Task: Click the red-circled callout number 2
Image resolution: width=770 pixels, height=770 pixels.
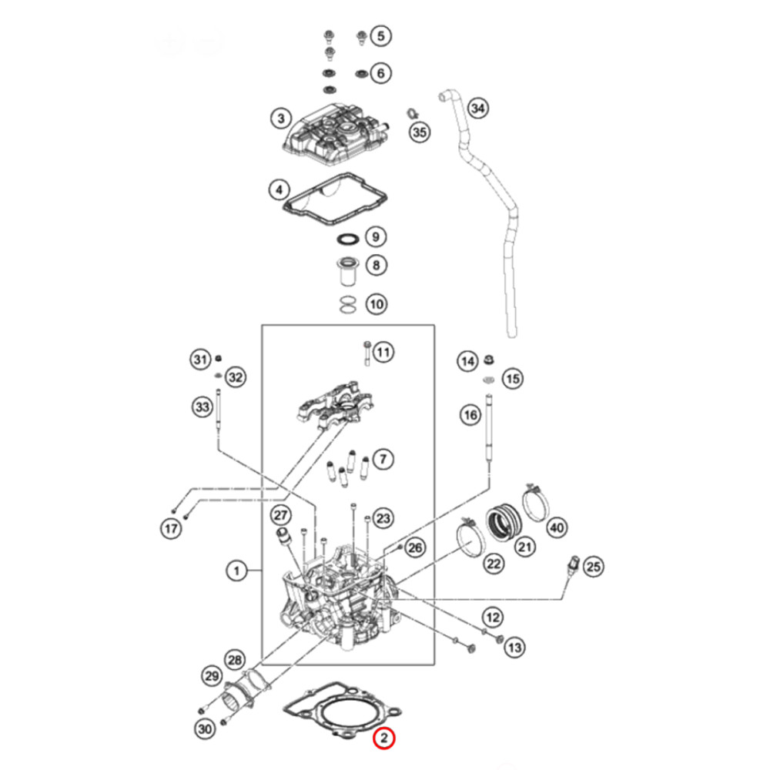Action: point(383,738)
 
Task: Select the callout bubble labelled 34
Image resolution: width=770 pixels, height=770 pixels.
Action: point(477,109)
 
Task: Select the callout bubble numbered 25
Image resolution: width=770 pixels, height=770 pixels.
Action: point(591,567)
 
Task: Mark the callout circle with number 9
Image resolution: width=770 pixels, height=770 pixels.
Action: point(375,236)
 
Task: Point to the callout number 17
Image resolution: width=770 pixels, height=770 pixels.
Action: point(170,528)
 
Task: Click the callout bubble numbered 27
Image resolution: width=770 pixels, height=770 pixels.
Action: point(280,514)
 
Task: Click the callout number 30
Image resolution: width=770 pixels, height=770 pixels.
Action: point(203,728)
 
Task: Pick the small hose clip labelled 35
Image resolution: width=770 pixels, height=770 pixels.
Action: point(410,115)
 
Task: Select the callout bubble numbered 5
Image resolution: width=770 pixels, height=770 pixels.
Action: point(380,35)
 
